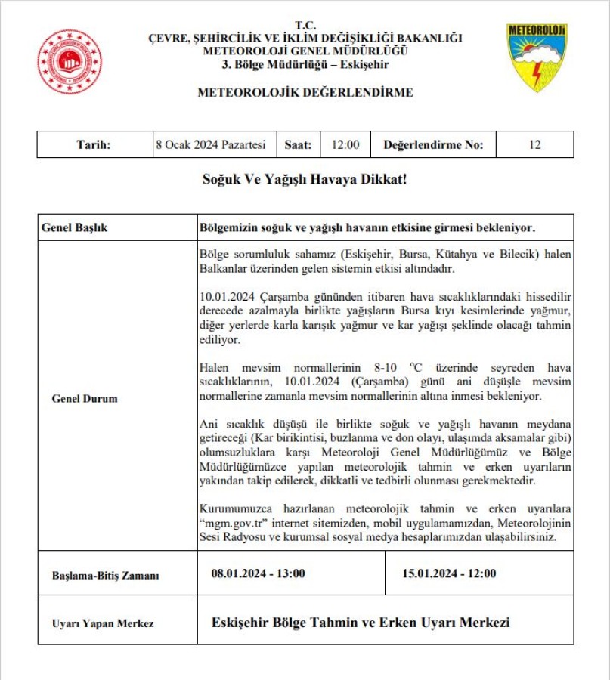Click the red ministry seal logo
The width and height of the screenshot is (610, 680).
tap(70, 61)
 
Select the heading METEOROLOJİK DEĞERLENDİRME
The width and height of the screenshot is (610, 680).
tap(305, 93)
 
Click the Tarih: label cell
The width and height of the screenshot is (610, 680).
tap(94, 145)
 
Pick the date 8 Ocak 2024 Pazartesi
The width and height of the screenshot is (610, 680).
tap(210, 145)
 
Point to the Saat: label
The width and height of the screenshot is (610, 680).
tap(298, 145)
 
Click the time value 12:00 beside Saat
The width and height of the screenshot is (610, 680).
tap(345, 145)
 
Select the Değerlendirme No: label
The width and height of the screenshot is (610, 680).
tap(432, 145)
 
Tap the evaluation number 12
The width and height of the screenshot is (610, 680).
tap(534, 145)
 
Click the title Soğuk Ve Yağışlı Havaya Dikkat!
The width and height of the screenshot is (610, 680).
tap(305, 181)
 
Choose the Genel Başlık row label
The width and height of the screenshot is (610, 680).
tap(75, 227)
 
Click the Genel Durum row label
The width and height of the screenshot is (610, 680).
tap(85, 398)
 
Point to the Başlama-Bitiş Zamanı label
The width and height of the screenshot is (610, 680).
tap(106, 575)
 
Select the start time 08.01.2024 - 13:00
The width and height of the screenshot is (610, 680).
tap(259, 573)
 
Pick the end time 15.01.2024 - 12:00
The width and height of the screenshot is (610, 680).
tap(451, 573)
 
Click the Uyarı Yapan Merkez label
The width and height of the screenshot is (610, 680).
tap(103, 623)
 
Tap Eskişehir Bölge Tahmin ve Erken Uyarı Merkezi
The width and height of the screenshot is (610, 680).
tap(361, 623)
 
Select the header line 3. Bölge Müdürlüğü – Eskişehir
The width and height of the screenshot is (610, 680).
tap(305, 63)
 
